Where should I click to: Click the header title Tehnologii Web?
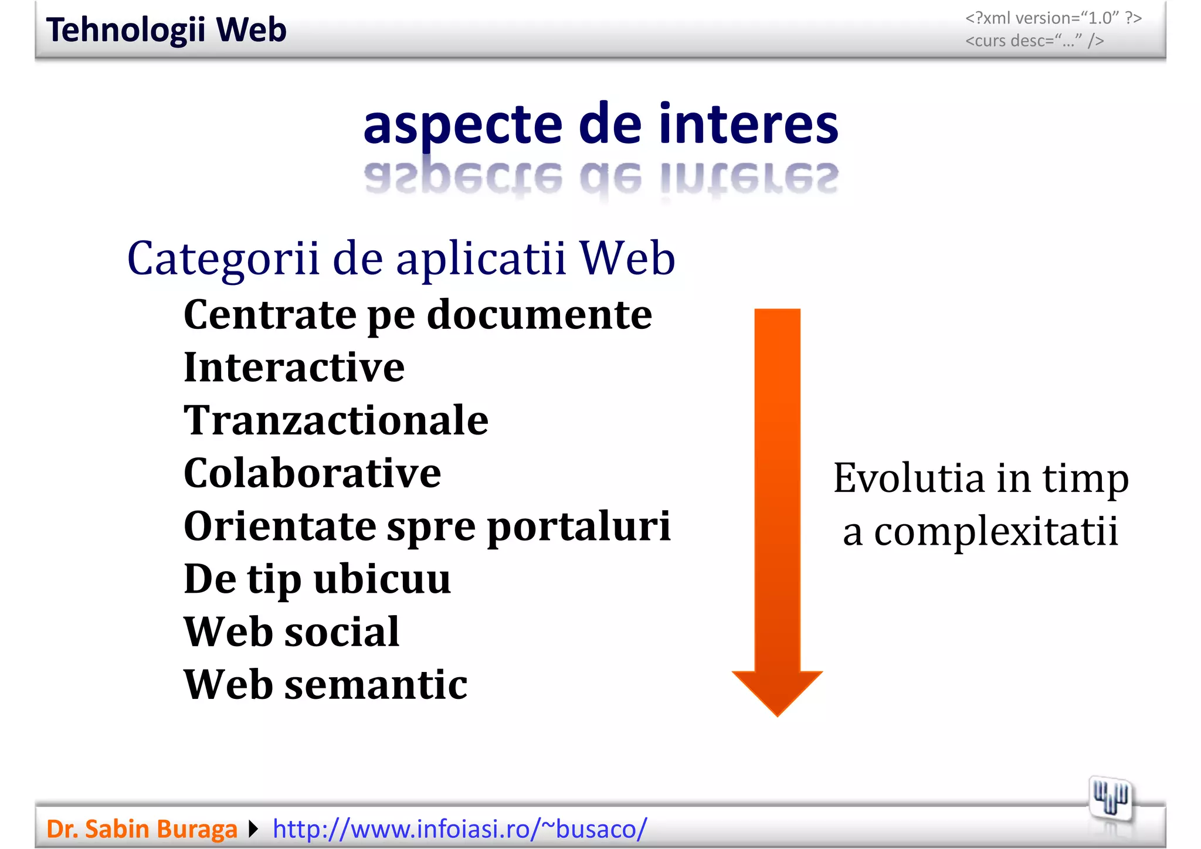[x=166, y=30]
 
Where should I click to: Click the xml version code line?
[x=1053, y=18]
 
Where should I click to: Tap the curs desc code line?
[x=1034, y=41]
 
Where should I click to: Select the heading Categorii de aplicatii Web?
[x=401, y=259]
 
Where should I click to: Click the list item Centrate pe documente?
[x=418, y=315]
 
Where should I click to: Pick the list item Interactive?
[x=294, y=368]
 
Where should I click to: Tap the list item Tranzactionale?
[x=336, y=420]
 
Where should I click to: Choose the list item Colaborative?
[x=312, y=473]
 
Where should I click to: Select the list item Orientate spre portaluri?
[x=427, y=526]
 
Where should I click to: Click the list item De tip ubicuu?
[x=317, y=579]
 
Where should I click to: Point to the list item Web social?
[x=291, y=632]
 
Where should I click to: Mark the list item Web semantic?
[x=325, y=685]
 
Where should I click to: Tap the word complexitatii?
[x=996, y=532]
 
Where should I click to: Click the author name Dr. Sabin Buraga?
[x=142, y=829]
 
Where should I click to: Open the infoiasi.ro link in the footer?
[x=460, y=829]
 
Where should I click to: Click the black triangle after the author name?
[x=253, y=829]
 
